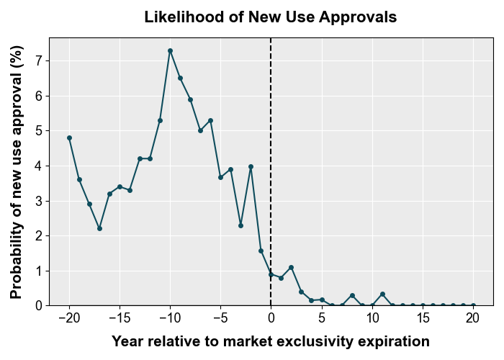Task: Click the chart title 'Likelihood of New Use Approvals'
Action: tap(270, 17)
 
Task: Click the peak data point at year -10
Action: tap(170, 50)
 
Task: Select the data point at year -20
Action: tap(69, 138)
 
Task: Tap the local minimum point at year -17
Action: tap(99, 228)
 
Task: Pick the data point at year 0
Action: tap(271, 274)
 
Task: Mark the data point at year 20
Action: tap(472, 305)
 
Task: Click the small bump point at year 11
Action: tap(382, 294)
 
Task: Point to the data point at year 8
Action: tap(352, 295)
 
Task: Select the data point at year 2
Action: tap(291, 267)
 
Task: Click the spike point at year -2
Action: tap(251, 166)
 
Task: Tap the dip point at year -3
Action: tap(240, 225)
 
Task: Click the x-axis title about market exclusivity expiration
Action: tap(270, 341)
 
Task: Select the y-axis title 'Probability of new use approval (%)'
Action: tap(17, 171)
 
